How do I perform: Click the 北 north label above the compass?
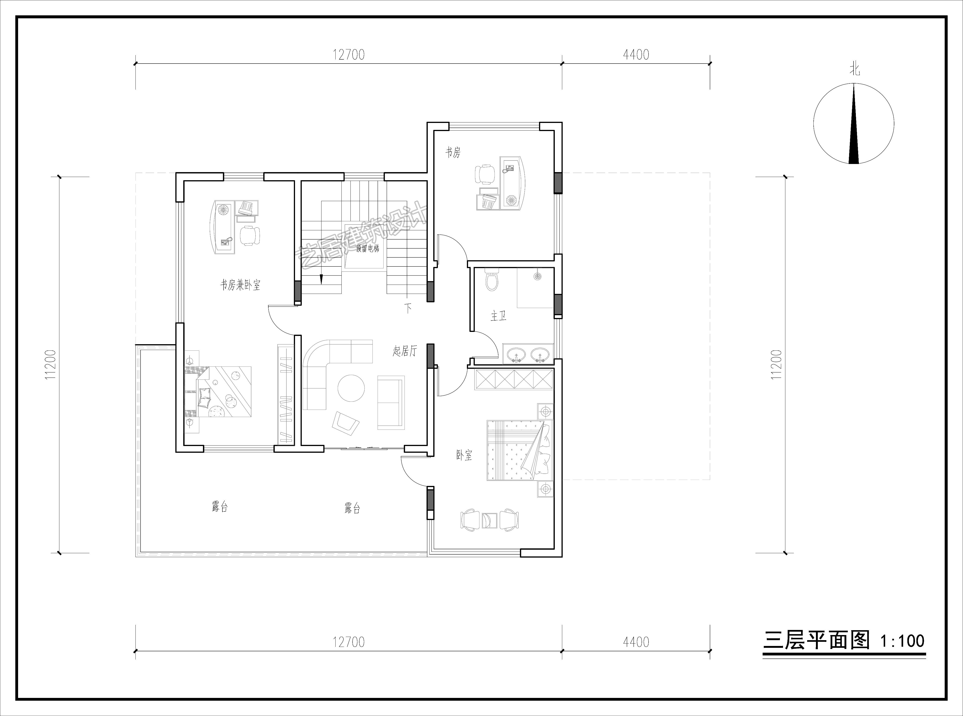pos(854,69)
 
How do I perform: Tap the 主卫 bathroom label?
pos(498,316)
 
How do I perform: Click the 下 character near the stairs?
pos(408,308)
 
